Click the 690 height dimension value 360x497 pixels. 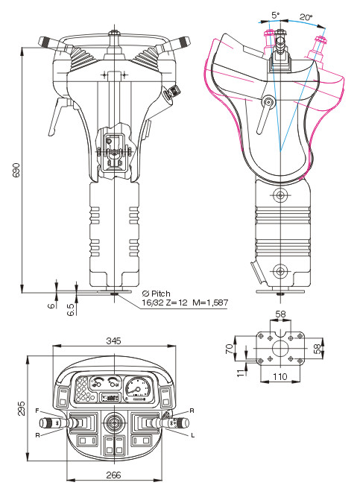point(16,170)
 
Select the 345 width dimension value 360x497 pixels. point(113,341)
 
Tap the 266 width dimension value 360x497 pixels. point(113,475)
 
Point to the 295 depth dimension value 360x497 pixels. point(21,409)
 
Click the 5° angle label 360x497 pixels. point(276,15)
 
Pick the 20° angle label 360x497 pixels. point(306,17)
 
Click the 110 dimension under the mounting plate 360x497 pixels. point(280,376)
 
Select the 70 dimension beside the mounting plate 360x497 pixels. point(230,349)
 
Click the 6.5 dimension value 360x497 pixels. point(71,309)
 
